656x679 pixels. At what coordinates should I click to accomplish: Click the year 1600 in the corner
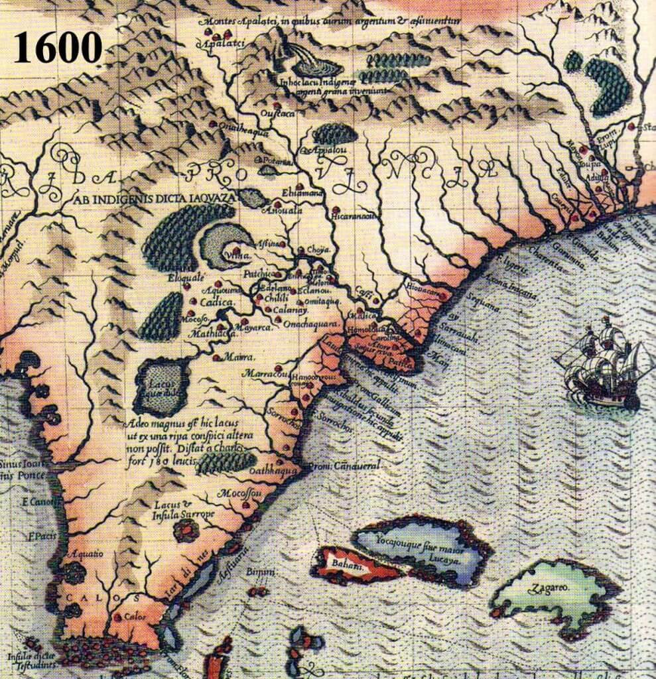(58, 47)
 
